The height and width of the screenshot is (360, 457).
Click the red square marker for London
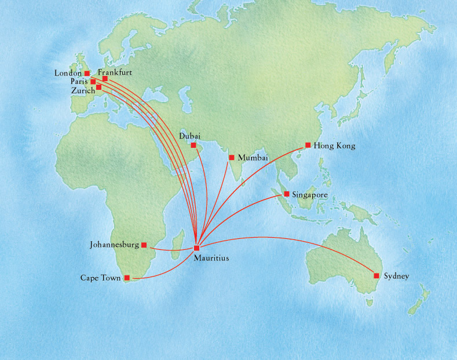(87, 74)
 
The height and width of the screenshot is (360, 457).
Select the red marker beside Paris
(93, 82)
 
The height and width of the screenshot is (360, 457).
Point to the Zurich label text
(83, 91)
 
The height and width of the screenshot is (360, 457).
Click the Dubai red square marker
(193, 145)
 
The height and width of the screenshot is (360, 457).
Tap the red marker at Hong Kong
(308, 145)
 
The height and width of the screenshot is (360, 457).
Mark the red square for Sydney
(376, 275)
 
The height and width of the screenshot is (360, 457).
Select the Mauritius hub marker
(197, 248)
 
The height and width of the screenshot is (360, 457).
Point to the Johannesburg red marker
(144, 245)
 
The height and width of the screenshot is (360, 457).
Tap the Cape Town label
(101, 278)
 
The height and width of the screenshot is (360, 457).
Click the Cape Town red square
(127, 278)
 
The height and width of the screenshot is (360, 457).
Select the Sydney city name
(396, 276)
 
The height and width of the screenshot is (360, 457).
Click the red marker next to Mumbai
(232, 157)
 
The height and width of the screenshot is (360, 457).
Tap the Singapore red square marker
(287, 194)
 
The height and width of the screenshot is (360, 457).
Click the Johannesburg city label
(114, 245)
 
